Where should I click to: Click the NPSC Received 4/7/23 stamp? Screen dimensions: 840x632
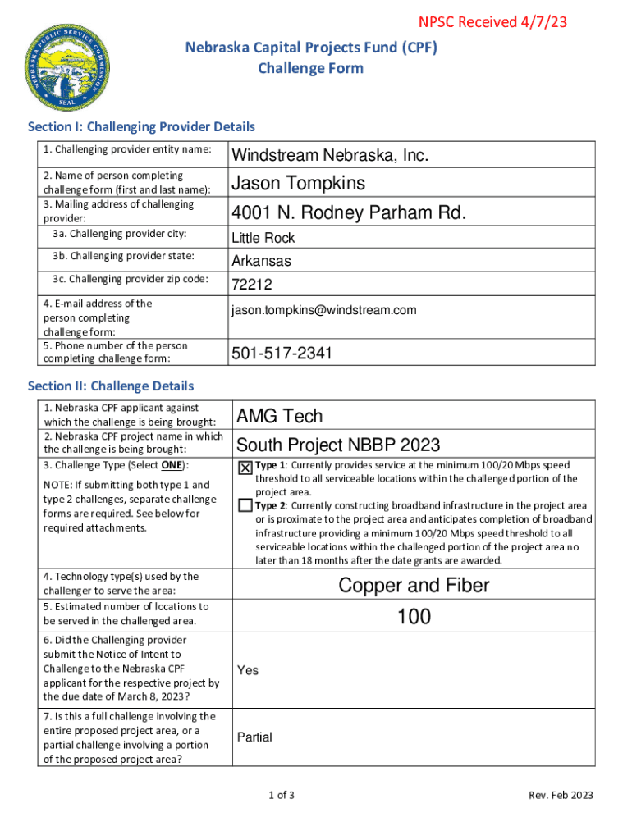(x=492, y=22)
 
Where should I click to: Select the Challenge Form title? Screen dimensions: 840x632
(x=310, y=68)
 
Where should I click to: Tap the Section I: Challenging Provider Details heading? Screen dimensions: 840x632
(x=141, y=126)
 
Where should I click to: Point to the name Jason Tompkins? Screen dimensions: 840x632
(x=299, y=183)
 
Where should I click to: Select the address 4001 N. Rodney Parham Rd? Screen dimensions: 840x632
(x=349, y=213)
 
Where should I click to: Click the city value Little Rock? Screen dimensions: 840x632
(x=263, y=238)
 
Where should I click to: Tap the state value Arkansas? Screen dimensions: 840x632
(x=262, y=262)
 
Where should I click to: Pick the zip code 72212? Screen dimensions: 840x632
(x=252, y=285)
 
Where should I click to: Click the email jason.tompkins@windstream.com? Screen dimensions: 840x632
(x=323, y=310)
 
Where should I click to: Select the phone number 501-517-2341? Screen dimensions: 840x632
(x=282, y=354)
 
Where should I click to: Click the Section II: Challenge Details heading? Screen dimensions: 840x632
(x=111, y=386)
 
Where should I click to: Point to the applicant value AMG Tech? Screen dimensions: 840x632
(x=280, y=416)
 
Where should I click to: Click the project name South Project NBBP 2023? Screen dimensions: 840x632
(x=338, y=445)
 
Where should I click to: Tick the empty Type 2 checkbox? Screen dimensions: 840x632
(x=245, y=505)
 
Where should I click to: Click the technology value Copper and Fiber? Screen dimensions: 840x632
(x=414, y=585)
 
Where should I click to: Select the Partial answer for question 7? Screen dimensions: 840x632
(x=254, y=737)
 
